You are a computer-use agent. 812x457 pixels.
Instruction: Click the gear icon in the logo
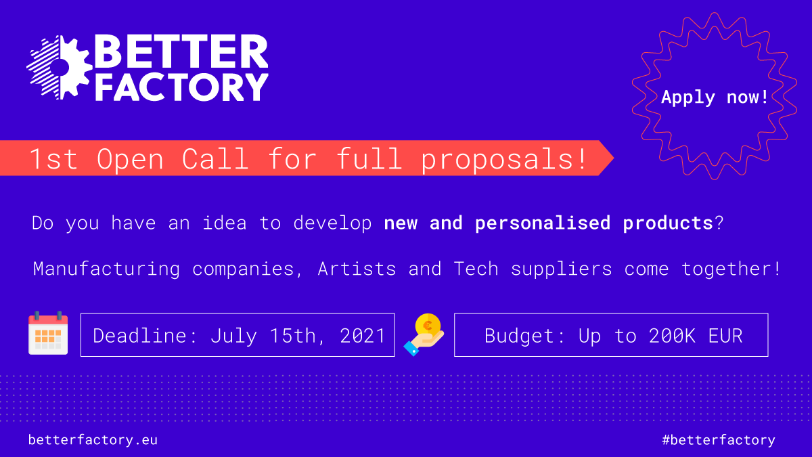click(x=60, y=68)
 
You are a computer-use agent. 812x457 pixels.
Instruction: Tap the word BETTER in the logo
click(x=181, y=51)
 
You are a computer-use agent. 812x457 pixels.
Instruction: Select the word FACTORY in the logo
click(x=181, y=87)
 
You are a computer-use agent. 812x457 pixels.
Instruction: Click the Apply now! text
click(x=715, y=97)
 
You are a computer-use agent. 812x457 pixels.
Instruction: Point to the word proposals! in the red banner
click(x=503, y=159)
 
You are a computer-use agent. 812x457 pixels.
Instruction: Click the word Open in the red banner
click(x=130, y=159)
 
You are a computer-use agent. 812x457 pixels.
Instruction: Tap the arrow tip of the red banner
click(x=613, y=158)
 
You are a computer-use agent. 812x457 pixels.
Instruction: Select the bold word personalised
click(x=543, y=223)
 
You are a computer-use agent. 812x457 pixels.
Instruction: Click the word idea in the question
click(x=225, y=223)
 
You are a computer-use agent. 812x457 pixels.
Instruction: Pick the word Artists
click(x=357, y=269)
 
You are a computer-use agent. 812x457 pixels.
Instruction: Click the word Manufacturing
click(x=106, y=269)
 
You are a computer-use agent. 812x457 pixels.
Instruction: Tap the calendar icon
click(x=48, y=333)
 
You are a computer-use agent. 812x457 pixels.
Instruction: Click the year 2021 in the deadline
click(x=362, y=336)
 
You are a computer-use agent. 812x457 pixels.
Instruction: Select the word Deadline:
click(x=145, y=336)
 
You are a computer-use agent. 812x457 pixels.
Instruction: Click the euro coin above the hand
click(x=428, y=326)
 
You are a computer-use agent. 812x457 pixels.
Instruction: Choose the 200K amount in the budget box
click(x=672, y=336)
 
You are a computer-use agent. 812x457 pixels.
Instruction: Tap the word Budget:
click(x=524, y=336)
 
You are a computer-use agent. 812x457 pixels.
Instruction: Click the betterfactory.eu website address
click(x=93, y=440)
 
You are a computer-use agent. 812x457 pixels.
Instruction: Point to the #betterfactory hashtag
click(x=719, y=440)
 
